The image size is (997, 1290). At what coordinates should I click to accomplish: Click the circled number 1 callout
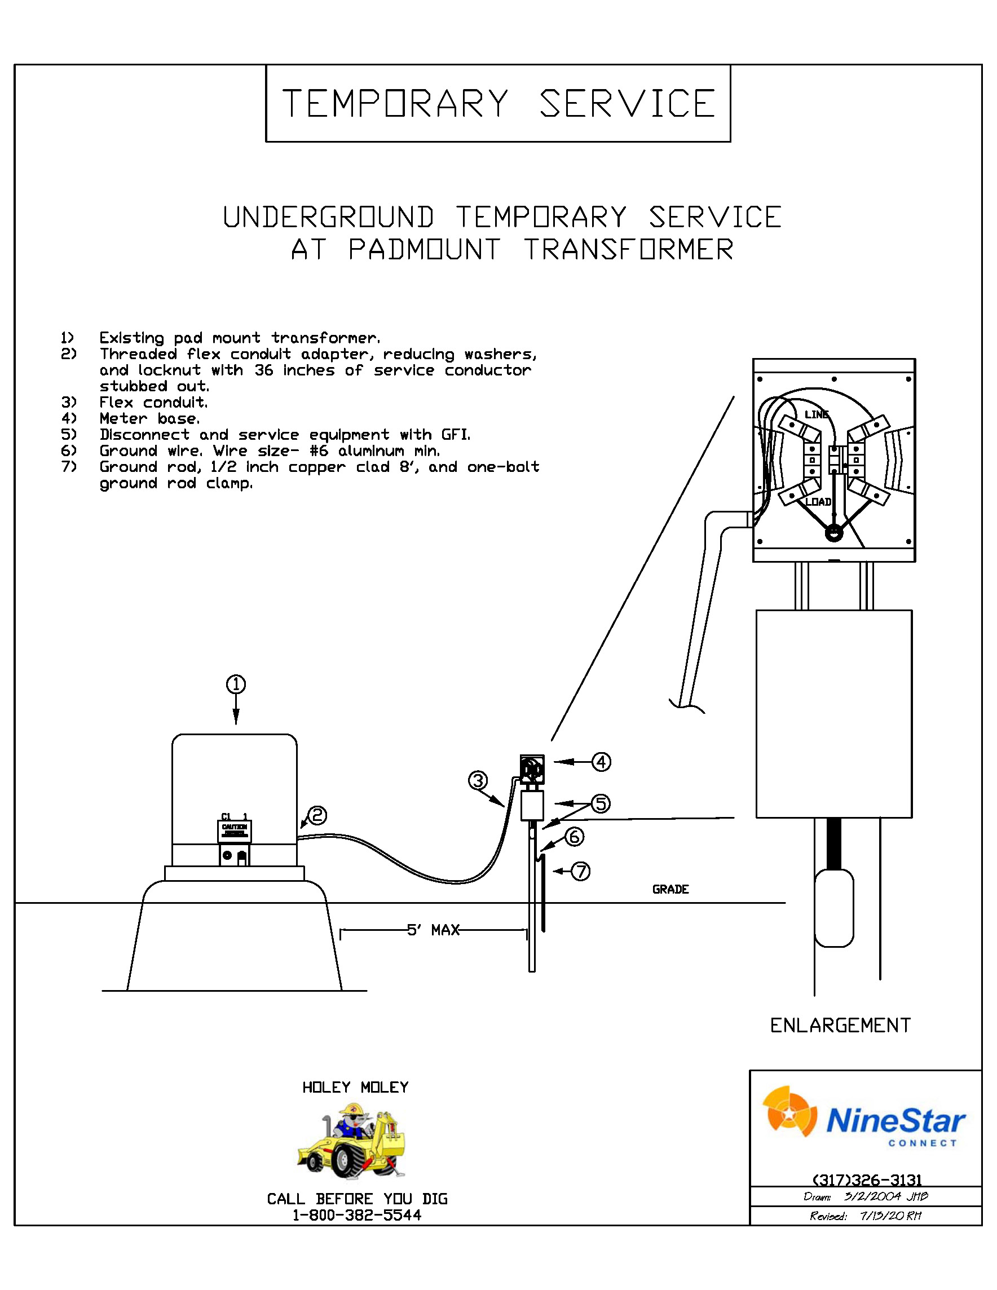coord(236,684)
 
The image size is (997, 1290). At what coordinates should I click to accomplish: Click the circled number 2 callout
coord(317,816)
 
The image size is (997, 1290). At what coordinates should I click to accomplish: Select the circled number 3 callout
coord(477,780)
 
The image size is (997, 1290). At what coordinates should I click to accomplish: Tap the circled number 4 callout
coord(601,762)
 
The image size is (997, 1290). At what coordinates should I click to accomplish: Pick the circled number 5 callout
coord(601,803)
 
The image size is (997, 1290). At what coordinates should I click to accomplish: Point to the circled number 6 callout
coord(574,836)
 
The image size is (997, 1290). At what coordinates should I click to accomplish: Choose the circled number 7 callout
coord(581,871)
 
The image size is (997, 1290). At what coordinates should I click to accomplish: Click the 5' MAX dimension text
coord(433,930)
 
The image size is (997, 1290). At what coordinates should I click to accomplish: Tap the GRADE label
coord(670,890)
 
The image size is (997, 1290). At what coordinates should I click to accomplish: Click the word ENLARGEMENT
coord(840,1026)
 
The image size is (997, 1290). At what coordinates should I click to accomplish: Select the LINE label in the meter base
coord(816,414)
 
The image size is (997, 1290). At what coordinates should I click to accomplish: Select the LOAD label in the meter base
coord(818,502)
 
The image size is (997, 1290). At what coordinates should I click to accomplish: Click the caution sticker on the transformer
coord(235,831)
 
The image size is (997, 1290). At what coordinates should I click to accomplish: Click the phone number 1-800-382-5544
coord(357,1216)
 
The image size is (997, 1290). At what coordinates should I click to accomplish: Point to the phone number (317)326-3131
coord(867,1180)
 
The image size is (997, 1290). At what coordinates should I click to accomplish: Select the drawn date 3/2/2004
coord(872,1196)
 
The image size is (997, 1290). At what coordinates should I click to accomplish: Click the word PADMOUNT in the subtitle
coord(424,249)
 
